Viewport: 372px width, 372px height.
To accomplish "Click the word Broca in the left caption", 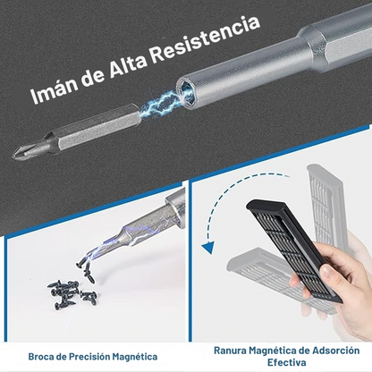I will (45, 356).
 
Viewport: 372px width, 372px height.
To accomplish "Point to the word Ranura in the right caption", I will (232, 351).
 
